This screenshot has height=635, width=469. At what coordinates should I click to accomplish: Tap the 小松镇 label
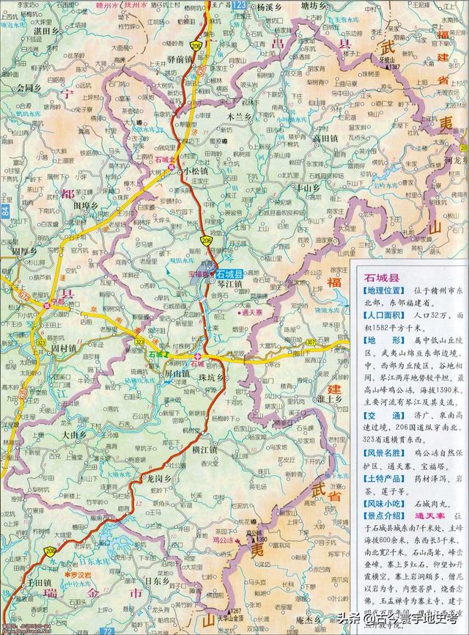[196, 170]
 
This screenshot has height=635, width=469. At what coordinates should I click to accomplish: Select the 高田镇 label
[325, 137]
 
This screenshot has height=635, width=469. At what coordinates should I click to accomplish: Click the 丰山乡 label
[307, 188]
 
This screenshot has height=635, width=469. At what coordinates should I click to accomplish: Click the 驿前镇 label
[179, 58]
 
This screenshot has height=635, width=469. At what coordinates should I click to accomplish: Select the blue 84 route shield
[7, 213]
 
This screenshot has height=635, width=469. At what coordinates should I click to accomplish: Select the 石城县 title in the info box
[382, 278]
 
